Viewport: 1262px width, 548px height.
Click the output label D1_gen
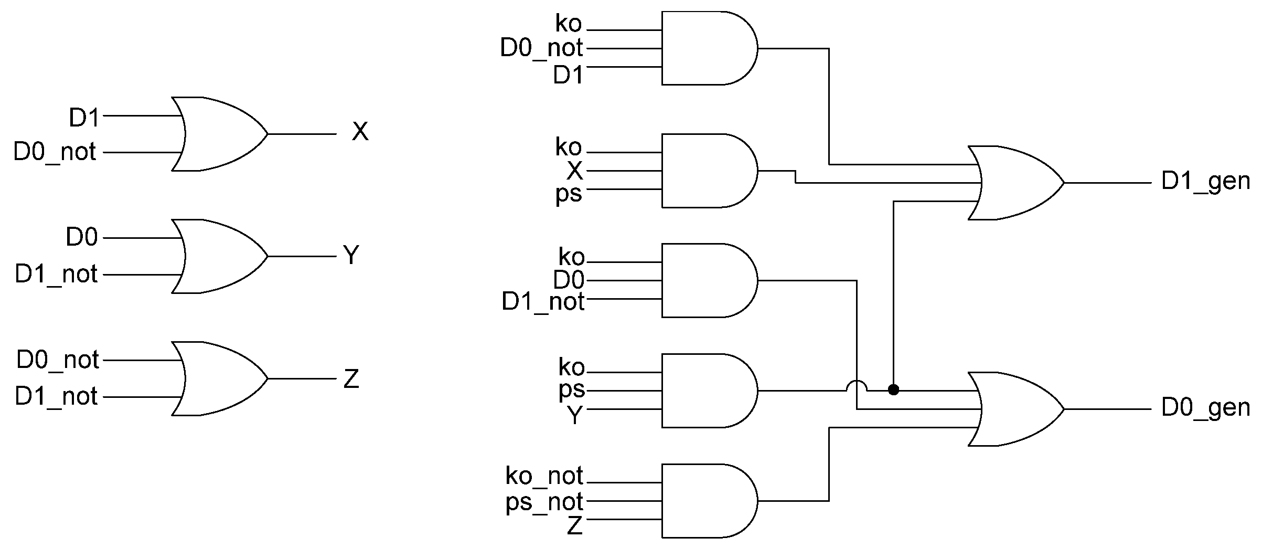(1205, 182)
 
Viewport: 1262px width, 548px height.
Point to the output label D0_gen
(1205, 408)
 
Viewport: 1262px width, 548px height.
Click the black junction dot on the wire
(894, 390)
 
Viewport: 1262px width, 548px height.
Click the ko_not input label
(544, 476)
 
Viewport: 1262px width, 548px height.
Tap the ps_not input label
(544, 502)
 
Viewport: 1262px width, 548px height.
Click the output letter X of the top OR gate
(360, 132)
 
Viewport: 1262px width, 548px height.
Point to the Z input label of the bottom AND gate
(575, 525)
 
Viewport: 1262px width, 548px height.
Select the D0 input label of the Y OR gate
(82, 237)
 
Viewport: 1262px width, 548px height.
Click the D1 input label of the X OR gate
(84, 118)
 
